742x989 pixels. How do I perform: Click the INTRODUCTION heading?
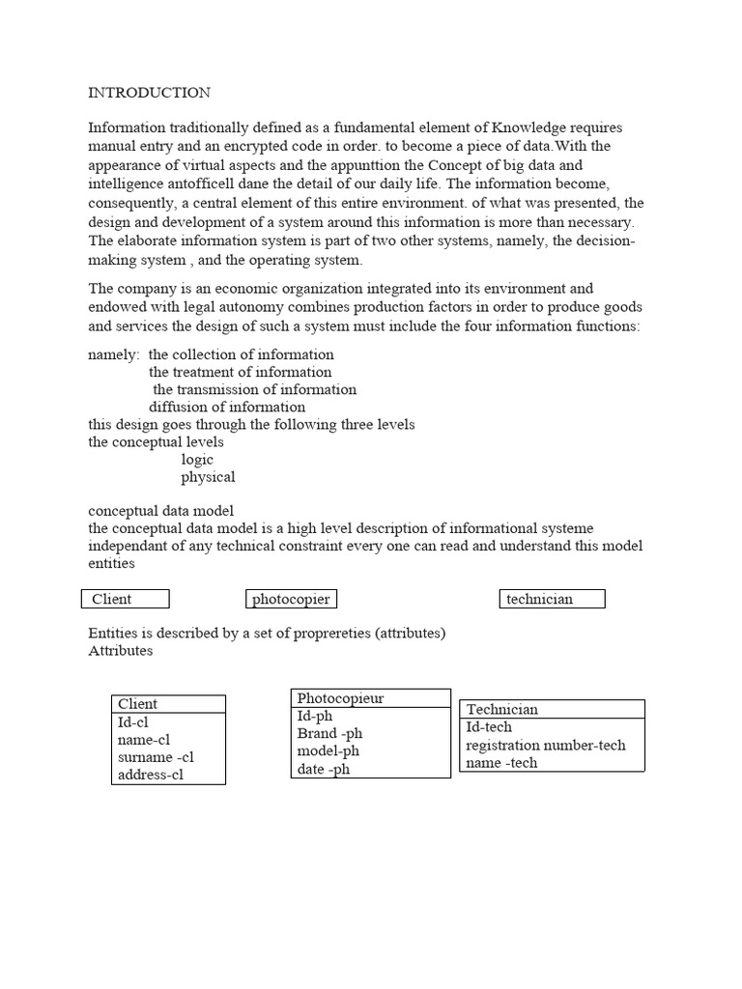coord(149,93)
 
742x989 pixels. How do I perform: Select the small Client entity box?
coord(125,599)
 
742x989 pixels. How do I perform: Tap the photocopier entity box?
coord(291,599)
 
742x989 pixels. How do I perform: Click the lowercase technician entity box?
coord(552,599)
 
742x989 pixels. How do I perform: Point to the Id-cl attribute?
coord(133,722)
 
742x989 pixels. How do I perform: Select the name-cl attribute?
coord(144,740)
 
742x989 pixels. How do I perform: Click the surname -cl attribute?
coord(156,757)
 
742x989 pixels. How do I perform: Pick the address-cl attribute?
coord(151,775)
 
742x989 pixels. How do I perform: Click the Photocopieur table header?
coord(341,698)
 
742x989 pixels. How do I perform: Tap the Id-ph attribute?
coord(315,716)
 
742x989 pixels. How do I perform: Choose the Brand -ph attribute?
coord(329,734)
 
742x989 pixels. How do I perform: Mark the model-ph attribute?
coord(329,751)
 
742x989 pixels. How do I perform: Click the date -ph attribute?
coord(324,770)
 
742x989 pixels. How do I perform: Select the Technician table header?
coord(502,709)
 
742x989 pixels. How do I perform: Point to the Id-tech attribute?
coord(489,727)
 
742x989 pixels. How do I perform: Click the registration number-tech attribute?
coord(546,746)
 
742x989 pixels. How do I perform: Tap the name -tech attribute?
coord(501,763)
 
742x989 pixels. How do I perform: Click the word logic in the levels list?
coord(197,460)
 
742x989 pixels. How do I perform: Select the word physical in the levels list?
coord(208,477)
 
